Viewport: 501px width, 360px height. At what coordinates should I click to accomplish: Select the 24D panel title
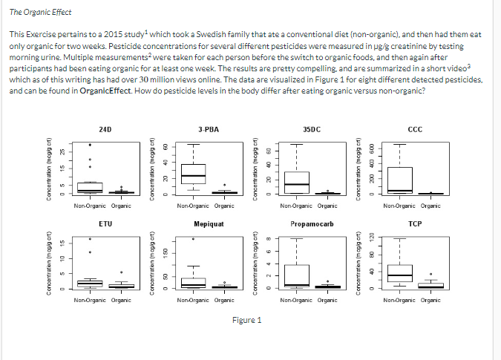point(105,129)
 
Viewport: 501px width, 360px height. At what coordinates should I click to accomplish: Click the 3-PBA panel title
point(209,129)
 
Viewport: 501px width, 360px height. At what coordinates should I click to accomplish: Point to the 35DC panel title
point(312,129)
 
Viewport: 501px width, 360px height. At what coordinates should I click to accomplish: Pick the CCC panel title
point(415,129)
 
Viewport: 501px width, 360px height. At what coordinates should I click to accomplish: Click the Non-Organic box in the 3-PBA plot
point(194,174)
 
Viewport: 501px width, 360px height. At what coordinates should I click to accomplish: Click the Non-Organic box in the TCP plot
point(400,274)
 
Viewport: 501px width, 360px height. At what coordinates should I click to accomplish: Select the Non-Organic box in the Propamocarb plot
point(297,275)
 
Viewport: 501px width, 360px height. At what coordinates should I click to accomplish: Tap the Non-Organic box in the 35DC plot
point(297,182)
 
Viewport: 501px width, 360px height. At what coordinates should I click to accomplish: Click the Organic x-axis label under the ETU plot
point(121,300)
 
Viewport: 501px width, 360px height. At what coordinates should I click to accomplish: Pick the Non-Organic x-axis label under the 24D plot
point(89,206)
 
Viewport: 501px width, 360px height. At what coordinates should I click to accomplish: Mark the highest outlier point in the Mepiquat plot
point(194,239)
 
